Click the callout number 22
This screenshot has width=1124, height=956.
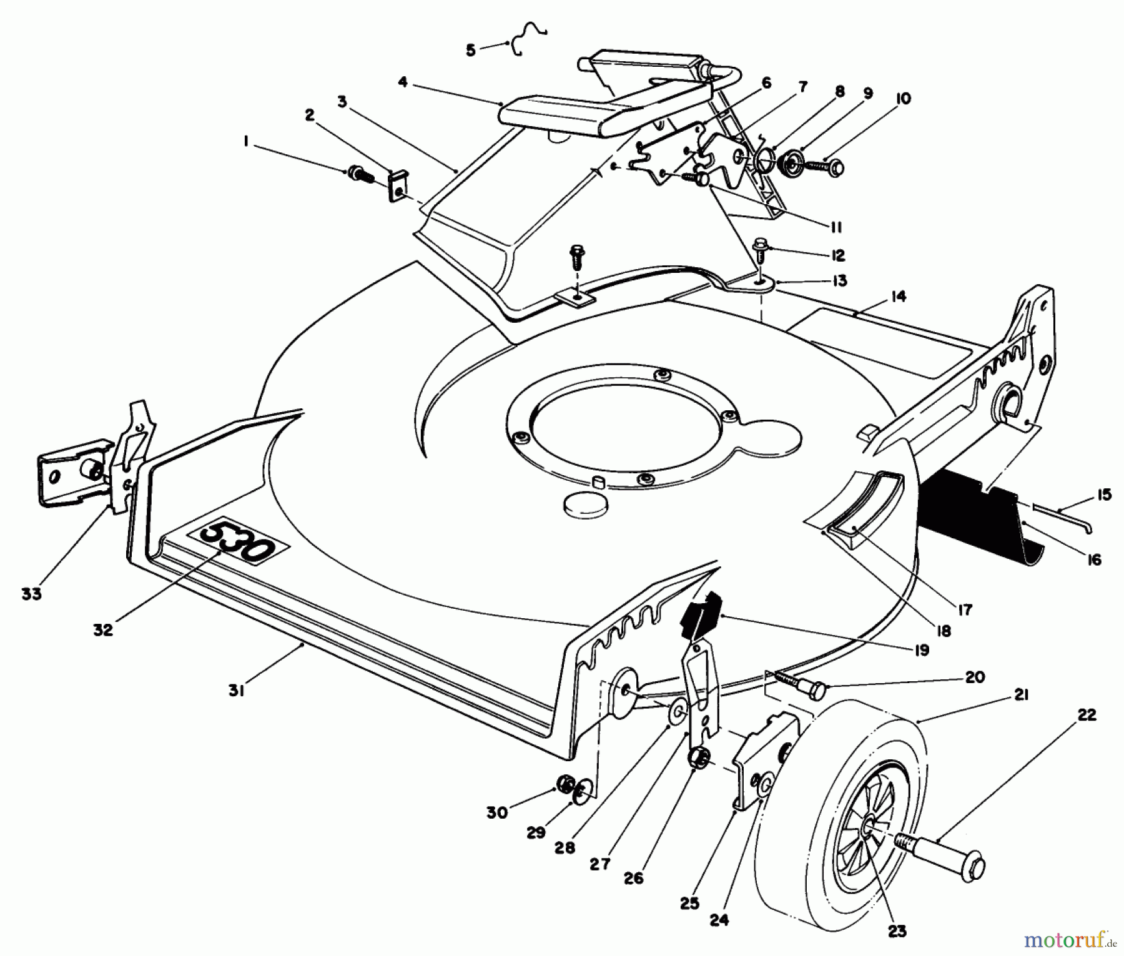pyautogui.click(x=1087, y=716)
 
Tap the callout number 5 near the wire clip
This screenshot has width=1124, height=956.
pyautogui.click(x=471, y=50)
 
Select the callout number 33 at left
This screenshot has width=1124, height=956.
pyautogui.click(x=31, y=594)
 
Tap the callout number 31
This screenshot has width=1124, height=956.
pyautogui.click(x=235, y=692)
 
